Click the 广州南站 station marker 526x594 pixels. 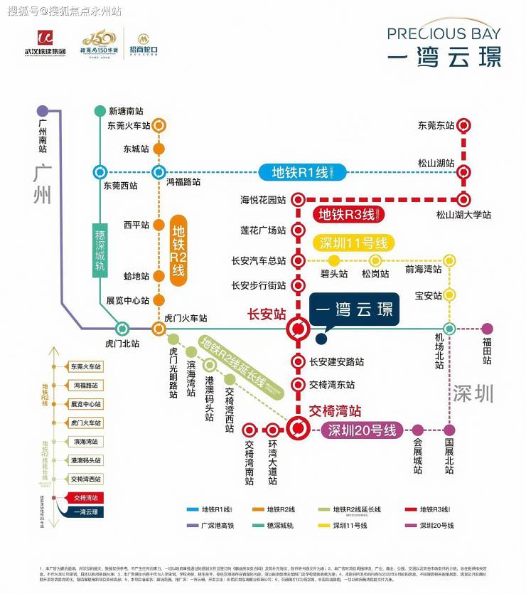coord(43,111)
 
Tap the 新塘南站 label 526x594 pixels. coord(126,111)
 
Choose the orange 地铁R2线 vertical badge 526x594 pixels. coord(178,251)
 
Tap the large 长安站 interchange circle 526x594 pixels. coord(298,329)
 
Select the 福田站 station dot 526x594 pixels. coord(487,329)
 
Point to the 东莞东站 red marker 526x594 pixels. coord(463,126)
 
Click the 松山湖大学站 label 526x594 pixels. coord(463,214)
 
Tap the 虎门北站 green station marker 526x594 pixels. coord(122,329)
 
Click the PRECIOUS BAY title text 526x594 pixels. coord(444,33)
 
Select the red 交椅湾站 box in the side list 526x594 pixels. coord(86,497)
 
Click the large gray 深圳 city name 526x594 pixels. coord(473,393)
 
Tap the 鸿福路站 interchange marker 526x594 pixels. coord(159,171)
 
